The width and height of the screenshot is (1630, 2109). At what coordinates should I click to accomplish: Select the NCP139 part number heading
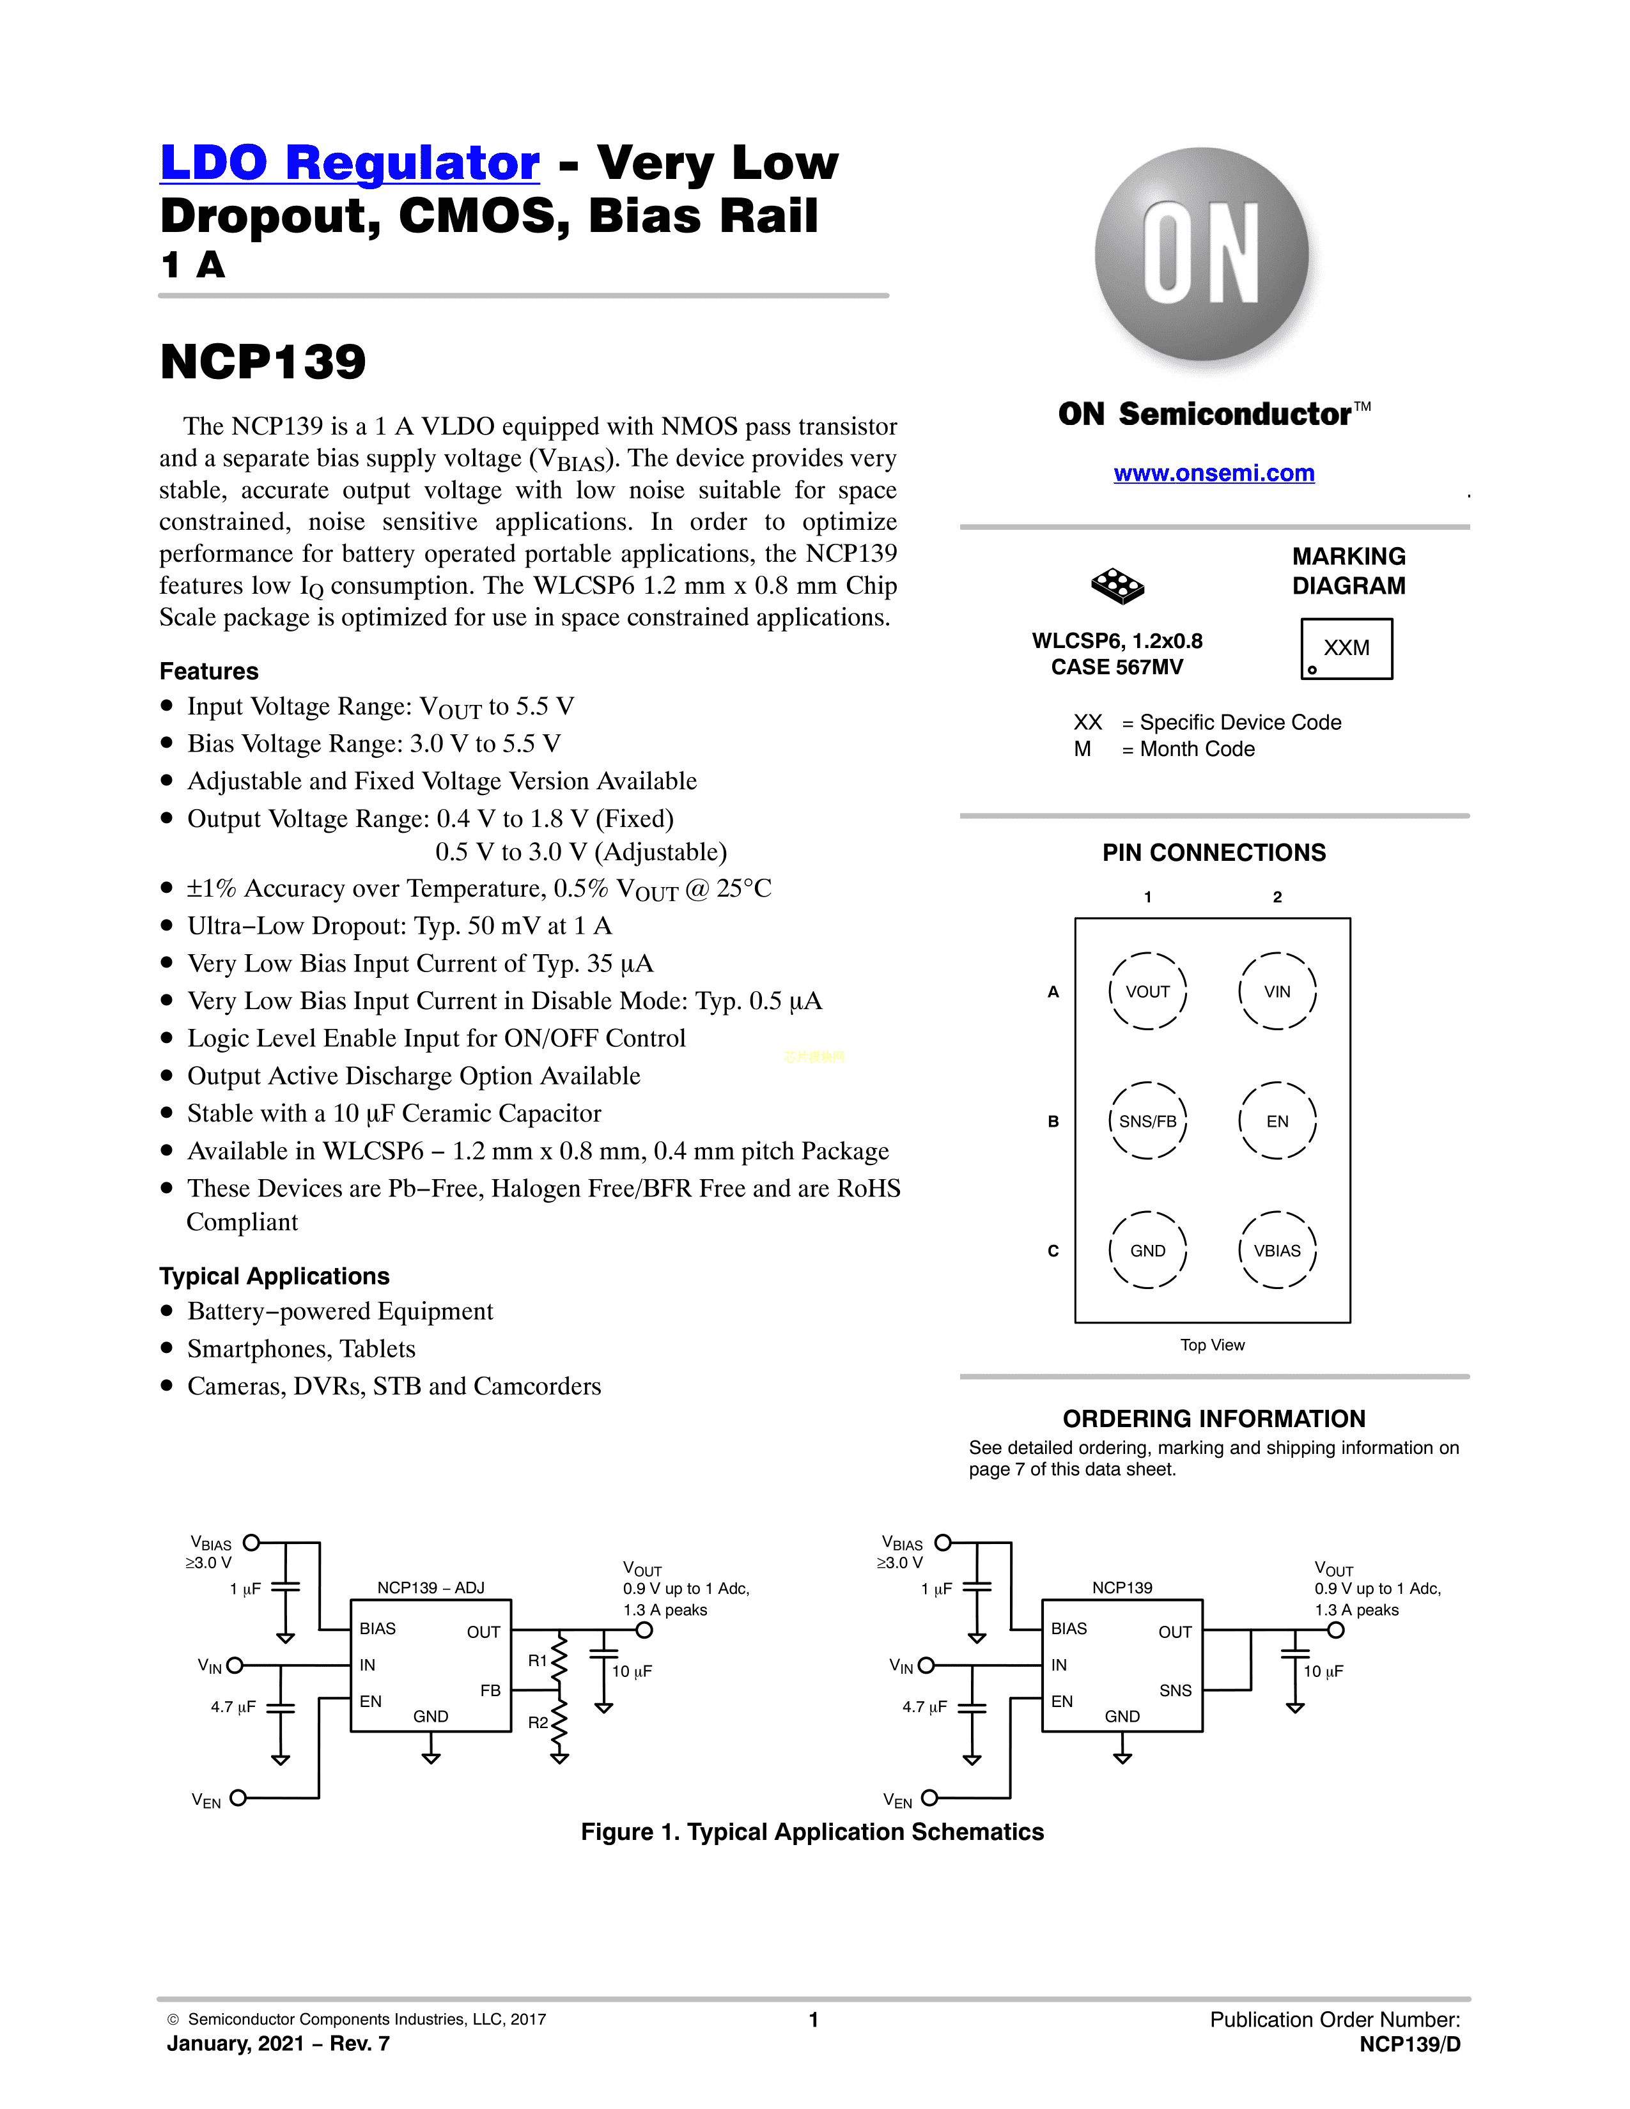coord(263,362)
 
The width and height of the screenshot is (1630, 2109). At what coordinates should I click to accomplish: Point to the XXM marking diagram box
coord(1346,649)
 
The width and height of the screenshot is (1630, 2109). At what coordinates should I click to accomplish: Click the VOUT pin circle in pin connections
coord(1147,992)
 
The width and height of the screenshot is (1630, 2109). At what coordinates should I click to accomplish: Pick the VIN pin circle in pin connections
coord(1277,992)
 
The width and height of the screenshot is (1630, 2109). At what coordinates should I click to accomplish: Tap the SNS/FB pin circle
coord(1147,1121)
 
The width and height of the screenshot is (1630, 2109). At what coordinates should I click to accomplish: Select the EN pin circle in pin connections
coord(1277,1121)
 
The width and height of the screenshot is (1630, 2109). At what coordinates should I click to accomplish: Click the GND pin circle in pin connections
coord(1147,1251)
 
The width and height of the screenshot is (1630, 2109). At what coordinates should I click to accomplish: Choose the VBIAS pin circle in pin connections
coord(1277,1251)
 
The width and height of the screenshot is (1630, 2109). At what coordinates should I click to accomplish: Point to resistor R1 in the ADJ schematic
coord(558,1660)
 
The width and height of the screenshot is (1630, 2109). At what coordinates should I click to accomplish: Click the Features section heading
coord(208,671)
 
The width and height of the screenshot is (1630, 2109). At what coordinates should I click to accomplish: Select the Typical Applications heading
coord(274,1277)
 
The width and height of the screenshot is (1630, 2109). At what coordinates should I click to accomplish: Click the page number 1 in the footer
coord(814,2019)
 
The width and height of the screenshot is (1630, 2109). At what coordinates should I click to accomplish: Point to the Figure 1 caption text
coord(812,1832)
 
